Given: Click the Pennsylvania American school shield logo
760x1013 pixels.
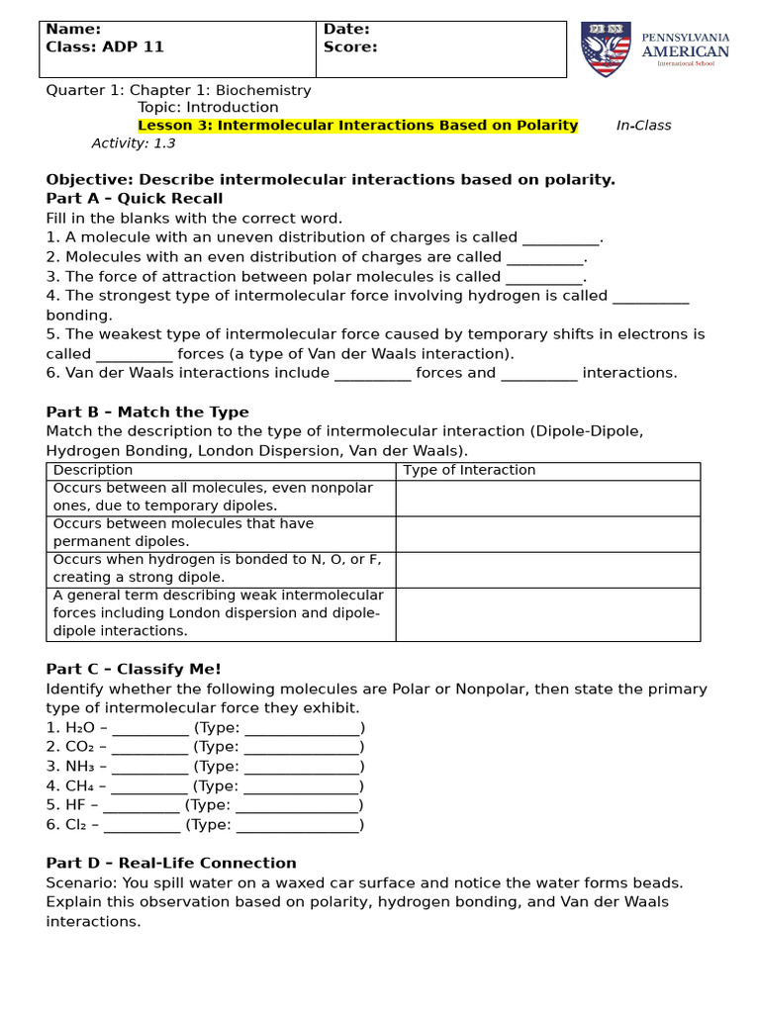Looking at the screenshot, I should coord(605,48).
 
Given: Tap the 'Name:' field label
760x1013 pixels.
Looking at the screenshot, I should coord(73,30).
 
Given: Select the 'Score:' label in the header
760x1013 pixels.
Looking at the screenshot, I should coord(350,47).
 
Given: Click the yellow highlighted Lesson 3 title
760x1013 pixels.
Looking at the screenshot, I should coord(357,126).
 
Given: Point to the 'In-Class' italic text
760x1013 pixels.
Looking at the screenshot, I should coord(643,126).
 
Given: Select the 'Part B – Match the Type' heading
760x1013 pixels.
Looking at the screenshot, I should coord(147,412).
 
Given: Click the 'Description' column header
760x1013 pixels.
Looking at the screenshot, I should coord(93,470).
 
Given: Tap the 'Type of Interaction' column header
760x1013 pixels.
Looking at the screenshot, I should coord(469,470).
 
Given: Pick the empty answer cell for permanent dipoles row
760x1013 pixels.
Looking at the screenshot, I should coord(547,533).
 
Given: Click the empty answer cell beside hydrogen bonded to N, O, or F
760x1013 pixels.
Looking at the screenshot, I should coord(547,569).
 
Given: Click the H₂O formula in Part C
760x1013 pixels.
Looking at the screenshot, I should coord(79,728).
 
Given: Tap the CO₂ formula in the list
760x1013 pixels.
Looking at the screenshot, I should coord(80,747).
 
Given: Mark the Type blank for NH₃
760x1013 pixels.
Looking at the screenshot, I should coord(301,768).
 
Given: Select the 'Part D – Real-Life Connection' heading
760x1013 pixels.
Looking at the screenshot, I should coord(171,863).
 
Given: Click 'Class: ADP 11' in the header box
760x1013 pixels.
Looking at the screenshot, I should coord(105,47).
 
